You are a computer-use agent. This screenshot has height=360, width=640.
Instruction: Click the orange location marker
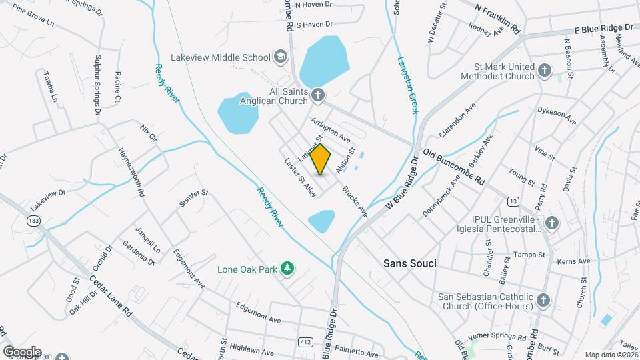pyautogui.click(x=321, y=159)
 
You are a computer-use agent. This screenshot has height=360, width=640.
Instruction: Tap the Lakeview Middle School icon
pyautogui.click(x=281, y=57)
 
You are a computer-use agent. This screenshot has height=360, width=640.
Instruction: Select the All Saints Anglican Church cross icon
pyautogui.click(x=318, y=95)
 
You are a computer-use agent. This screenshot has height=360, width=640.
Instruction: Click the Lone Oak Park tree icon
pyautogui.click(x=287, y=269)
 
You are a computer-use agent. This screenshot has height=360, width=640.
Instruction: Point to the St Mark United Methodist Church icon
pyautogui.click(x=545, y=70)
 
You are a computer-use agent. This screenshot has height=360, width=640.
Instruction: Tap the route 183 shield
pyautogui.click(x=33, y=219)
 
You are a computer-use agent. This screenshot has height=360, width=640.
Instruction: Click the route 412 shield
pyautogui.click(x=304, y=341)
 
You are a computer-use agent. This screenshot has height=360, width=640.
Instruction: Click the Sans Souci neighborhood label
pyautogui.click(x=410, y=263)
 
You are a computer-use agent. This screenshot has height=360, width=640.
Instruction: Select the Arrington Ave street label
pyautogui.click(x=330, y=129)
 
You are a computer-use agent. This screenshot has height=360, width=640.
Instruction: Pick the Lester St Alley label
pyautogui.click(x=300, y=177)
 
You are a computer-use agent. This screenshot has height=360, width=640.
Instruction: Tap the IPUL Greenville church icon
pyautogui.click(x=551, y=222)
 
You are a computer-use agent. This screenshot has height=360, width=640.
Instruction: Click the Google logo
pyautogui.click(x=21, y=351)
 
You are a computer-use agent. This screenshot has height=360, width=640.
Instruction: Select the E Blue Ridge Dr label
pyautogui.click(x=603, y=29)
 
